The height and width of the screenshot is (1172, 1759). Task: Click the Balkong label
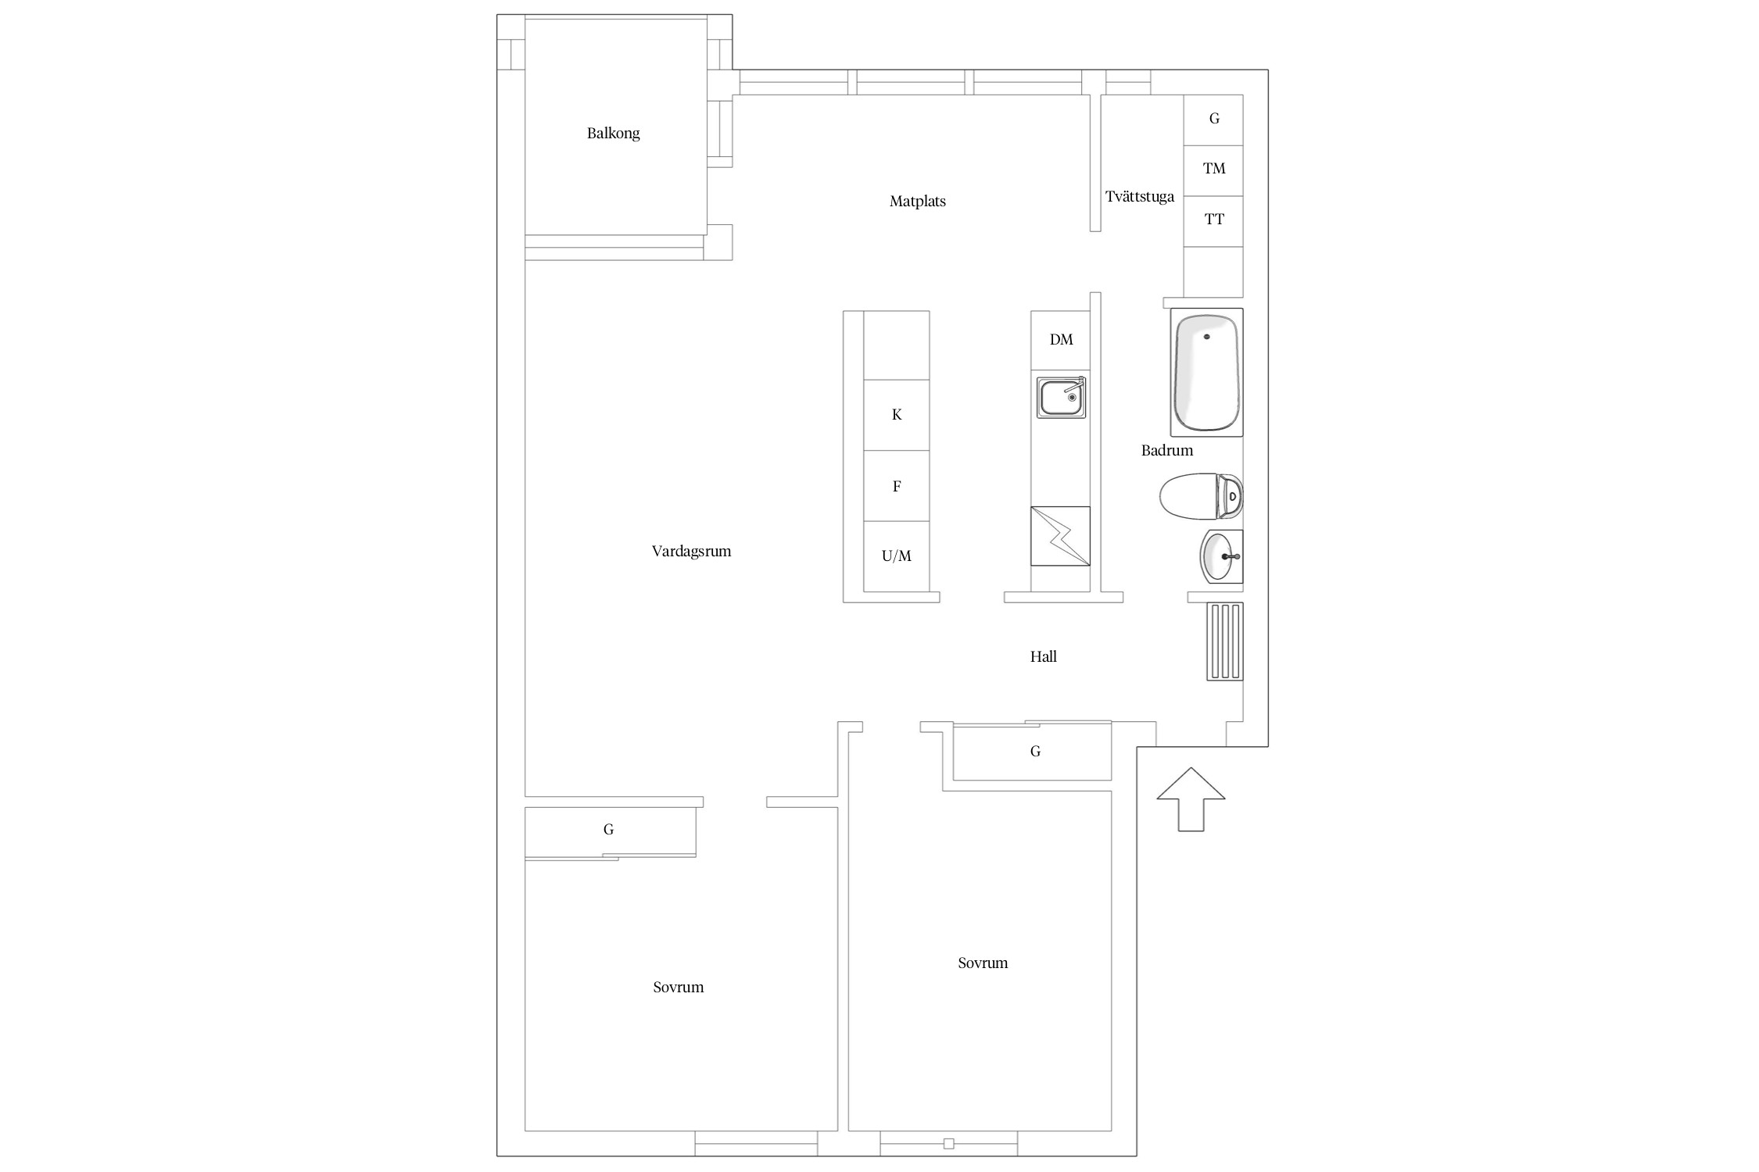(613, 134)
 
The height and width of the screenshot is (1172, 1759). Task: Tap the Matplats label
(917, 202)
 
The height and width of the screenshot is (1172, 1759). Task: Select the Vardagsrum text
(691, 552)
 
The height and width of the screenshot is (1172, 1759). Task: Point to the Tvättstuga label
(1139, 197)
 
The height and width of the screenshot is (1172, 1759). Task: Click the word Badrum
(1166, 450)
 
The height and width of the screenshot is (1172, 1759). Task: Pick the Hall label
(1043, 656)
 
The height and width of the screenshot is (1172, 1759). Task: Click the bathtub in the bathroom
(1206, 373)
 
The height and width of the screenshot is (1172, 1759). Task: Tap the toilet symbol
(1201, 495)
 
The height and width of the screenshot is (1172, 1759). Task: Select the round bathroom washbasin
(1221, 556)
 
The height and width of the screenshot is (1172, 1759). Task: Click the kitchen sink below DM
(1061, 397)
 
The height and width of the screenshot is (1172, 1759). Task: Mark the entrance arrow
(1191, 799)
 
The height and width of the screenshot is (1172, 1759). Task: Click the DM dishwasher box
(1061, 340)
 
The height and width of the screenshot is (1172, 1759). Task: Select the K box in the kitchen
(897, 415)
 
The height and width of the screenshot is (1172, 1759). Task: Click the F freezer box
(897, 486)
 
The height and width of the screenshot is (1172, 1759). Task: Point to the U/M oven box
(897, 556)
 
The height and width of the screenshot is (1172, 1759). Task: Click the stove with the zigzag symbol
(1060, 536)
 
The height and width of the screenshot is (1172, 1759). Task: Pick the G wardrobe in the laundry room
(1213, 120)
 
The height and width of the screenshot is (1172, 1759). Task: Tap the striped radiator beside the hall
(1225, 641)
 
